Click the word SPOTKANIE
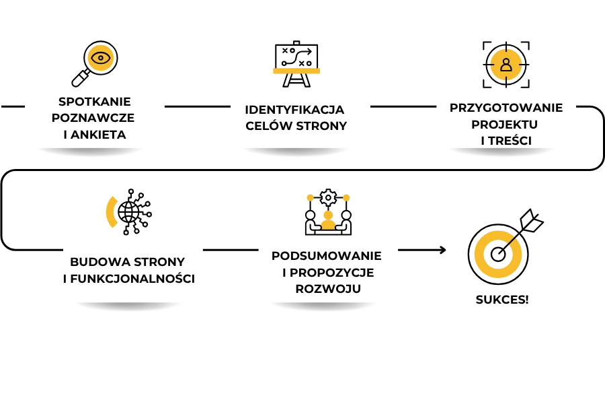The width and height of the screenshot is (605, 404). (x=94, y=102)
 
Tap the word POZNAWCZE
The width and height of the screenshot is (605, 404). (x=94, y=118)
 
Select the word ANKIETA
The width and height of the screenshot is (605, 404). (x=99, y=135)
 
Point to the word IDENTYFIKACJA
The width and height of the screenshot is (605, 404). (x=294, y=109)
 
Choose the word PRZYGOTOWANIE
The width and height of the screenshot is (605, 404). (x=506, y=108)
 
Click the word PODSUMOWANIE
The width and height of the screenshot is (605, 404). (x=327, y=256)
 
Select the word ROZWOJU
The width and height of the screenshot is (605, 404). (x=328, y=289)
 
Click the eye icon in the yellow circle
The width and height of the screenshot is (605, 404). (x=101, y=58)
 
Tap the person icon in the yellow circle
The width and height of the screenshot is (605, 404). (x=506, y=65)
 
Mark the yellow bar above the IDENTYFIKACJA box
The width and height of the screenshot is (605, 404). (x=296, y=70)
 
